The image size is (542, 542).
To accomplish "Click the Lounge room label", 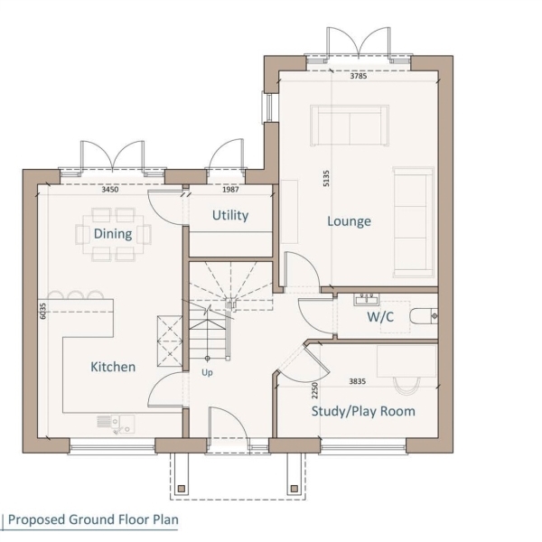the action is tap(349, 221).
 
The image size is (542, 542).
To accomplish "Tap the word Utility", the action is tap(230, 215).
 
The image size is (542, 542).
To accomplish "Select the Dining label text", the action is tap(113, 234).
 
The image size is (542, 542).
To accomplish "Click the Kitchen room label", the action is tap(113, 367).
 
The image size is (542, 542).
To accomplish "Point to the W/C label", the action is tap(380, 317).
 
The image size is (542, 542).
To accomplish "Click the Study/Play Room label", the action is tap(363, 411).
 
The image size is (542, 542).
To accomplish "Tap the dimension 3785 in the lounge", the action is tap(359, 76).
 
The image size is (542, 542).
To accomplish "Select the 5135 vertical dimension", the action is tap(326, 178).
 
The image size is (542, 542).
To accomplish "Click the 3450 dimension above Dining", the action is tap(110, 190).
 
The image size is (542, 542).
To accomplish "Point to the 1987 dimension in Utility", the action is tap(230, 190).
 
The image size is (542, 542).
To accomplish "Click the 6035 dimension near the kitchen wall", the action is tap(42, 311).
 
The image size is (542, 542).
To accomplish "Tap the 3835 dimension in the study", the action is tap(358, 381).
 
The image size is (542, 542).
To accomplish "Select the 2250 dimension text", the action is tap(314, 390).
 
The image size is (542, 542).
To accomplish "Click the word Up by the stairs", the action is tap(207, 372).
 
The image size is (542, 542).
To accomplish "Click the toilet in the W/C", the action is tap(424, 316).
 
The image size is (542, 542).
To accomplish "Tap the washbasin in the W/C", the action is tap(366, 299).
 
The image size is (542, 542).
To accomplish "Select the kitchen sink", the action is tap(116, 425).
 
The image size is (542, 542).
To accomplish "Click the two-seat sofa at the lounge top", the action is tap(350, 126).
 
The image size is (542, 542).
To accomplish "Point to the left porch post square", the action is tap(182, 489).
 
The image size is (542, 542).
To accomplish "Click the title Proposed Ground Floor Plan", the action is tap(93, 519).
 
